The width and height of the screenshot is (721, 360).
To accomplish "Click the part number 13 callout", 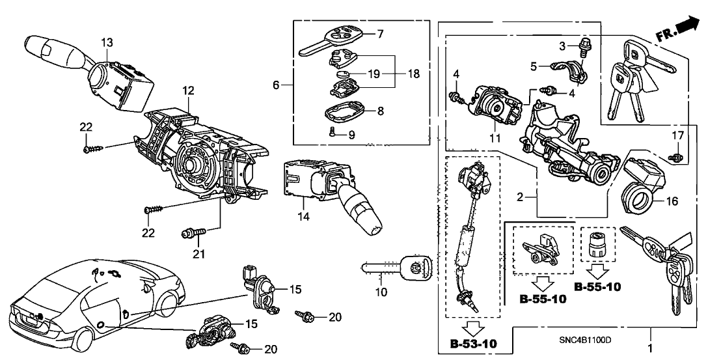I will pos(107,42).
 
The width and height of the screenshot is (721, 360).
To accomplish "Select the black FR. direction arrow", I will pos(688,27).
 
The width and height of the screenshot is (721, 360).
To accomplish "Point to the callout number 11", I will pos(495,138).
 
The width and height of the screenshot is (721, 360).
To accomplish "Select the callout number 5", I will pos(534,66).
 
